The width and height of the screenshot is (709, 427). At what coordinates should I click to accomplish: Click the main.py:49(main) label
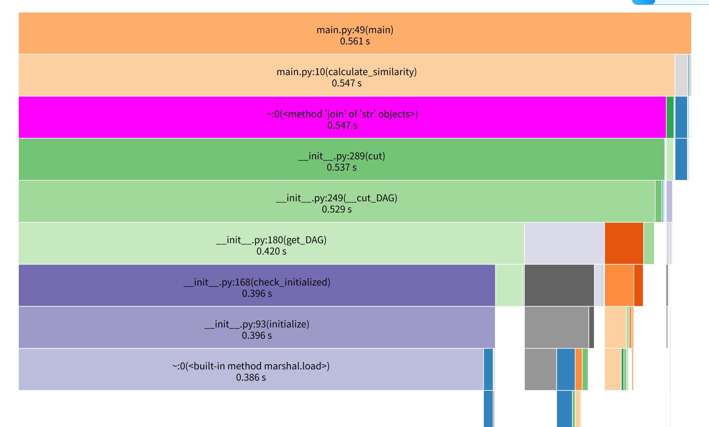pos(355,30)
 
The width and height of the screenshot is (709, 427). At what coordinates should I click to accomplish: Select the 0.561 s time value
pos(355,41)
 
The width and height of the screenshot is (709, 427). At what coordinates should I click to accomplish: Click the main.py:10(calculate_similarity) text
pos(347,72)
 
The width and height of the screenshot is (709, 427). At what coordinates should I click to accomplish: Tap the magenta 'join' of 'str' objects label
pos(342,114)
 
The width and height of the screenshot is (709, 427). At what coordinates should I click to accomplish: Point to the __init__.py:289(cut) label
pos(341,156)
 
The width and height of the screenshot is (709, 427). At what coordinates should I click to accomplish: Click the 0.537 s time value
pos(341,167)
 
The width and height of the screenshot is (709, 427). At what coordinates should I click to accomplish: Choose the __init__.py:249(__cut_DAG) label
pos(336,198)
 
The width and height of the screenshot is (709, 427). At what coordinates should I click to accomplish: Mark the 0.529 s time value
pos(336,209)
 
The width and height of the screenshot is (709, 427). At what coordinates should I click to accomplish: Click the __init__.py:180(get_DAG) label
pos(271,240)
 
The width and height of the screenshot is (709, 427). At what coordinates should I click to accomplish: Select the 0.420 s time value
pos(271,251)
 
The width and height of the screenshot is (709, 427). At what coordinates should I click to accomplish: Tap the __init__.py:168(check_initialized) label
pos(257,282)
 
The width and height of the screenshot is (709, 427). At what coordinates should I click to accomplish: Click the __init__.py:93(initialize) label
pos(257,324)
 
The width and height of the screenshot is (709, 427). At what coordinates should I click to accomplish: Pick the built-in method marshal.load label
pos(251,366)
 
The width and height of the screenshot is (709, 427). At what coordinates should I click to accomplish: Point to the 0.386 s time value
pos(251,378)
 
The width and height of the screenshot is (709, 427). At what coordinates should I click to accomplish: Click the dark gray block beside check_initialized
pos(559,285)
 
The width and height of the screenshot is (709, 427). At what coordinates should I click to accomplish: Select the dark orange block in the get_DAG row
pos(624,243)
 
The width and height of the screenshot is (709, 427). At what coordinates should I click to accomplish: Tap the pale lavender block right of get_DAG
pos(564,243)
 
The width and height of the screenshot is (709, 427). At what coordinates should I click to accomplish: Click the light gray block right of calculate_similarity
pos(681,75)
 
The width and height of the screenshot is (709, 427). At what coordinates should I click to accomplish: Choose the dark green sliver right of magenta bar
pos(670,117)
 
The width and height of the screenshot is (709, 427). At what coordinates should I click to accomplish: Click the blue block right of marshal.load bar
pos(488,369)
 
